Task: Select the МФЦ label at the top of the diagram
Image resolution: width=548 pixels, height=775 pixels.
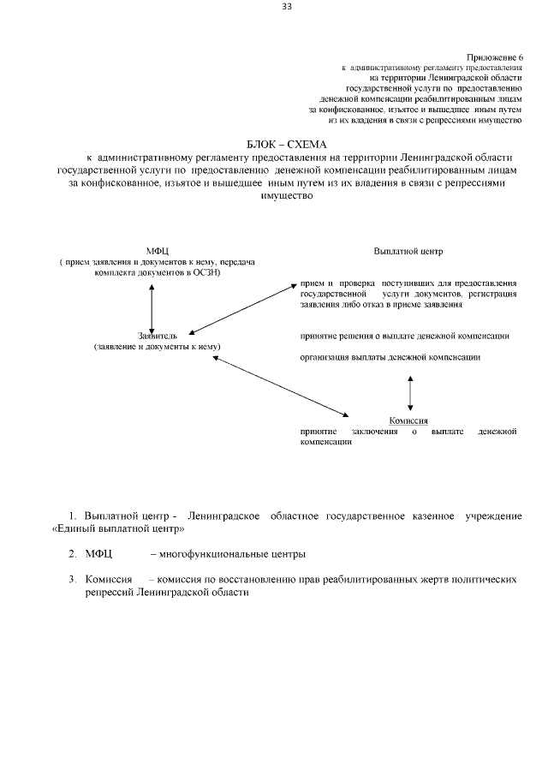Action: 158,250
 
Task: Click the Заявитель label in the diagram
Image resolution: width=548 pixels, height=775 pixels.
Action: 157,336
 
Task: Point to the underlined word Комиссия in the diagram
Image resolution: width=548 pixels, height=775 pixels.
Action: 408,420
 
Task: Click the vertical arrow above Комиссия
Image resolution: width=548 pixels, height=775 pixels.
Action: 411,391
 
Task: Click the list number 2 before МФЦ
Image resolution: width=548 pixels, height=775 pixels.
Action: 73,554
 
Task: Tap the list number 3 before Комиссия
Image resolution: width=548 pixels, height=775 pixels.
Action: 73,580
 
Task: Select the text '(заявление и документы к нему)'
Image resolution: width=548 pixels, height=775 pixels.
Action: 158,347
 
